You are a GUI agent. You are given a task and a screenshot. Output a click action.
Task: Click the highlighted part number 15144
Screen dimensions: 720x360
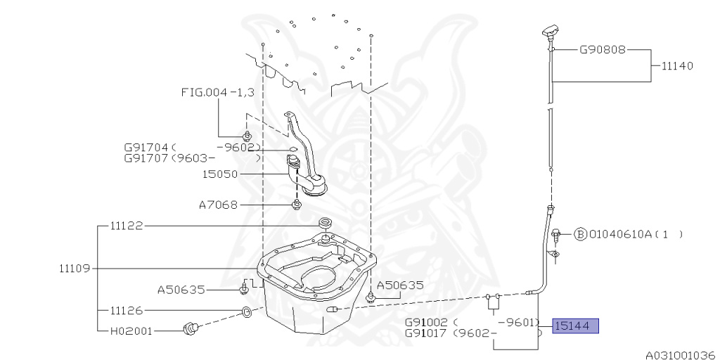coord(575,326)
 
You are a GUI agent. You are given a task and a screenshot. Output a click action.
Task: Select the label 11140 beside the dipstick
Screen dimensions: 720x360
coord(677,66)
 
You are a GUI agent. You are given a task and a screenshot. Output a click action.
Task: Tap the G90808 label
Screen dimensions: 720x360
coord(603,50)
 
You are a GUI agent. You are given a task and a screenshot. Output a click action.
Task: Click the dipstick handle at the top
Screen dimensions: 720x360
coord(550,32)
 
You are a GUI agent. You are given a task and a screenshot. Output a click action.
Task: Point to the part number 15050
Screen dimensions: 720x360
coord(220,174)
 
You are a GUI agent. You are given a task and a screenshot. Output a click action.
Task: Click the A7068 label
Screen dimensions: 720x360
coord(219,205)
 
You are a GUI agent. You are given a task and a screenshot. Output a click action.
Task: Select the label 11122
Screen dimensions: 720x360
coord(127,226)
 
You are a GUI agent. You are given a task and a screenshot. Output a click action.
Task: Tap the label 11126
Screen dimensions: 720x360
coord(127,311)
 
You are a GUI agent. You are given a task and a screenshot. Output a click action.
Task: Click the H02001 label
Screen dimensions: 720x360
coord(130,330)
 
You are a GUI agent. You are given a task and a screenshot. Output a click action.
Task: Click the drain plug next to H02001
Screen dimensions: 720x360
coord(191,329)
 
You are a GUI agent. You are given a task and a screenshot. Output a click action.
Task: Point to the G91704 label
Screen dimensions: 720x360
coord(146,148)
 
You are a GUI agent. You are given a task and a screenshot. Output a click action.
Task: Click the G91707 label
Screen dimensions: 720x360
coord(146,158)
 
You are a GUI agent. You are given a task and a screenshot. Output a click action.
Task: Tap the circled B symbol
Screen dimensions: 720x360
coord(580,235)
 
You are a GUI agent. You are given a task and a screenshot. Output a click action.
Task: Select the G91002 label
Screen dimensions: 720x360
coord(427,322)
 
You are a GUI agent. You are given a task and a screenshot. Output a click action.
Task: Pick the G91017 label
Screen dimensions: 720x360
coord(427,333)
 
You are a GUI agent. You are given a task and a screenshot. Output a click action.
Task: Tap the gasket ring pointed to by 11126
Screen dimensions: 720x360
coord(247,311)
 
